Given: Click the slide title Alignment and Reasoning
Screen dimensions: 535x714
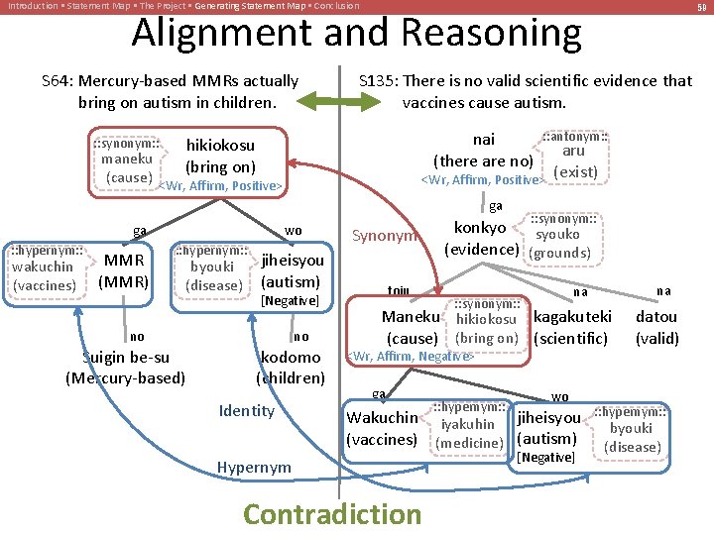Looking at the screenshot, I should (357, 34).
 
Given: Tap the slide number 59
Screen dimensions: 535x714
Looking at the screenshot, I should (701, 7).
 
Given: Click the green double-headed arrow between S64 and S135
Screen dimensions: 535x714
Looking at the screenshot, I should (327, 100).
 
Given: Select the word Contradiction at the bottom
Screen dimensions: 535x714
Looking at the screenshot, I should (332, 514).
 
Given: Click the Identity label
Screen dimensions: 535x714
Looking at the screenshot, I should (247, 410).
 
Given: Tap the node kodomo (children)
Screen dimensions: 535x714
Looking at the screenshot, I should (290, 367).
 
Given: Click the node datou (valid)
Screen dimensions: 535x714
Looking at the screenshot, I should (656, 327).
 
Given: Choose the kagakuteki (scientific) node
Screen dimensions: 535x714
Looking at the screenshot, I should (572, 327).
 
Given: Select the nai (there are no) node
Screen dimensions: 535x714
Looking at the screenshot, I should (484, 150).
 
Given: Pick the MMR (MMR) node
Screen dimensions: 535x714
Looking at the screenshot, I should (124, 269).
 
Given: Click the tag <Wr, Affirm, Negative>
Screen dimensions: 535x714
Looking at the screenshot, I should (409, 356).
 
